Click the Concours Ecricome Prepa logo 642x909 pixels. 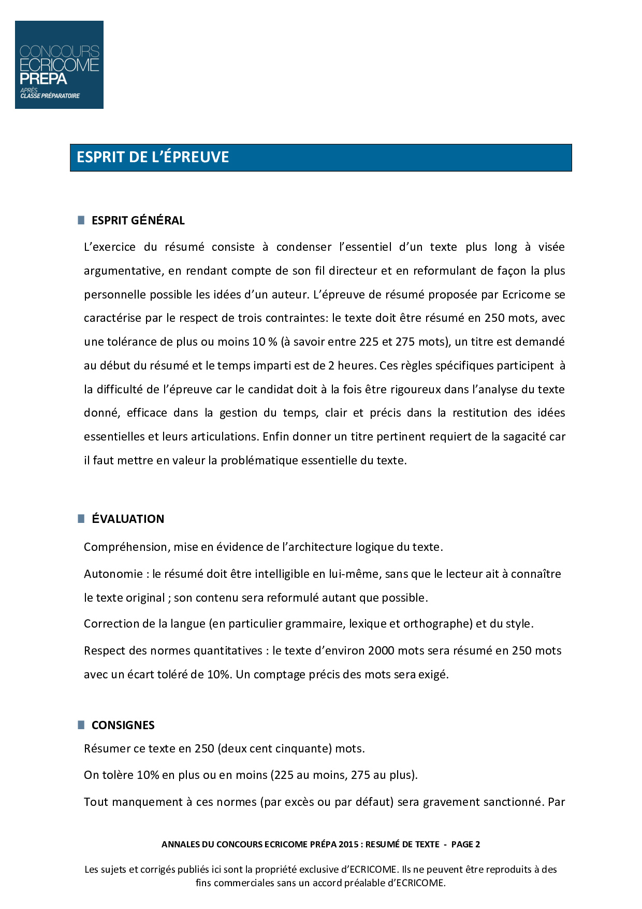[59, 65]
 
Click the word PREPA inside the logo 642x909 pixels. [43, 79]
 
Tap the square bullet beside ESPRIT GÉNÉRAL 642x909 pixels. [81, 220]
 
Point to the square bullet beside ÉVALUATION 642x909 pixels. [81, 519]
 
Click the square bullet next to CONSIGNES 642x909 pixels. [81, 725]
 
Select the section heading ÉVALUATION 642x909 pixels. [128, 519]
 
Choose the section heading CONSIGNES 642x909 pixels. [123, 725]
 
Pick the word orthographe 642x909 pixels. [438, 624]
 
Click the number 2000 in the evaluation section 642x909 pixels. [381, 651]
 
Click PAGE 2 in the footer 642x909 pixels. [465, 844]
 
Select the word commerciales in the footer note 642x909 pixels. [244, 883]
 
